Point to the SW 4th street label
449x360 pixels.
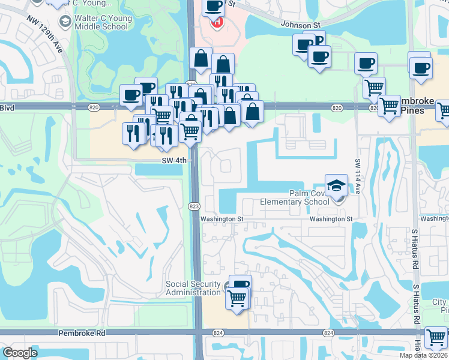175,160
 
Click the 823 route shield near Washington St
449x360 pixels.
194,206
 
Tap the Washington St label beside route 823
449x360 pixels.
221,219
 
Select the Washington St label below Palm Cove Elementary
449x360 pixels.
331,219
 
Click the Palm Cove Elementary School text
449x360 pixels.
294,197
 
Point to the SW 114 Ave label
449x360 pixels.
357,175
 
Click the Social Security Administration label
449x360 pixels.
193,288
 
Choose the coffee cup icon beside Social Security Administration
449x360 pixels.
240,285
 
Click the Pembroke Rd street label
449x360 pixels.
82,332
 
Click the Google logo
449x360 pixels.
20,353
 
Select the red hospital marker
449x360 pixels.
217,23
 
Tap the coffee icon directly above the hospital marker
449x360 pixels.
212,7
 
